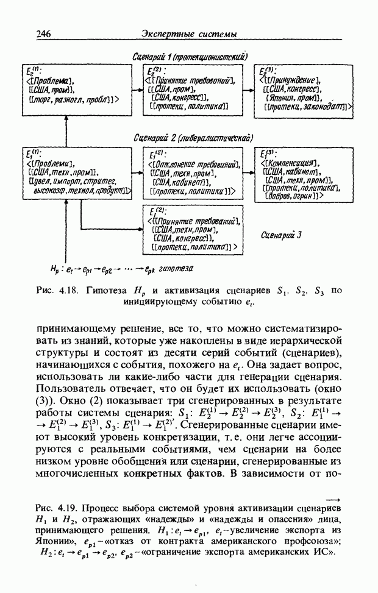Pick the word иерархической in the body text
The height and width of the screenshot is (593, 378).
[306, 341]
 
